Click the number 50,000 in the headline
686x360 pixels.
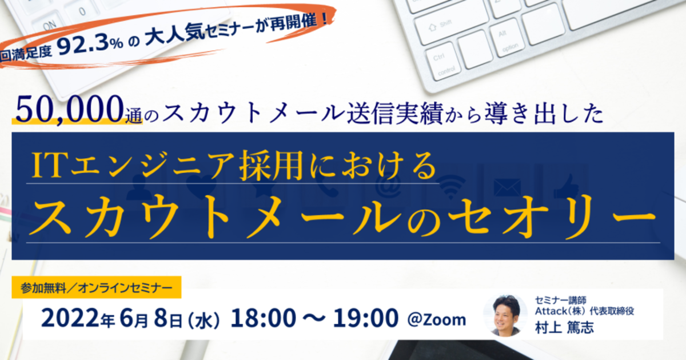pyautogui.click(x=70, y=109)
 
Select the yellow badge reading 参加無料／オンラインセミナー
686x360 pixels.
pyautogui.click(x=97, y=287)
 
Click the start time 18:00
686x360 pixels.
pyautogui.click(x=264, y=318)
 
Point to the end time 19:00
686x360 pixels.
pyautogui.click(x=366, y=318)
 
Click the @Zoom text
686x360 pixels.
pyautogui.click(x=437, y=319)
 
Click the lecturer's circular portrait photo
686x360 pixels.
pyautogui.click(x=505, y=315)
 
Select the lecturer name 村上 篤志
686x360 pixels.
pyautogui.click(x=564, y=327)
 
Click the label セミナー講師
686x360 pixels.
pyautogui.click(x=560, y=301)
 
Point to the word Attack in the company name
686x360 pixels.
pyautogui.click(x=551, y=311)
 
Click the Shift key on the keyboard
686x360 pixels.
pyautogui.click(x=450, y=26)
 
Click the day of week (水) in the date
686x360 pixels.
pyautogui.click(x=204, y=320)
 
